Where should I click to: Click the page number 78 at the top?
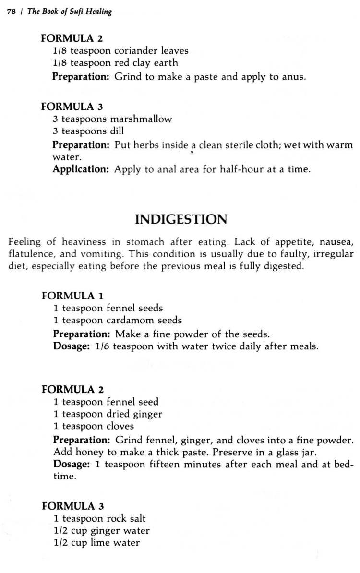click(x=11, y=12)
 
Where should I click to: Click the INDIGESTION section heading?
click(x=180, y=219)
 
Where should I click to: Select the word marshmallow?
click(x=141, y=119)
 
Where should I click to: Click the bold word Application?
click(x=81, y=169)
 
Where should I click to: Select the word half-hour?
click(x=242, y=169)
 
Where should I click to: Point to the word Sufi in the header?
click(x=75, y=12)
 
